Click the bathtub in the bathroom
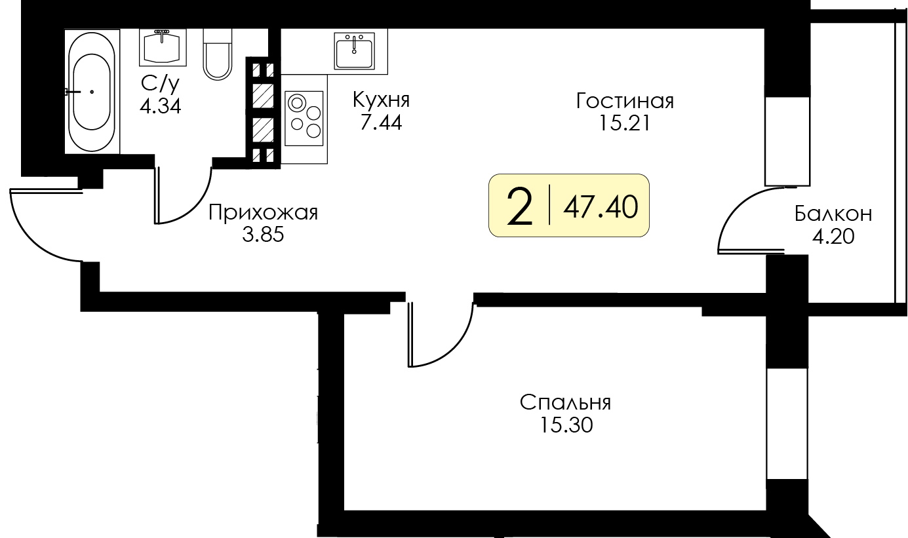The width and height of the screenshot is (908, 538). [92, 92]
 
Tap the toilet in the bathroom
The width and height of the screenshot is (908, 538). [217, 54]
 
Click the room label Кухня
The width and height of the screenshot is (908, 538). [381, 100]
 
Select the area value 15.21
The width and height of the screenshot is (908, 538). [624, 123]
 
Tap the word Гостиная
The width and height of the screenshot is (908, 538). [625, 102]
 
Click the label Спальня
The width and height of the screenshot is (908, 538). [565, 402]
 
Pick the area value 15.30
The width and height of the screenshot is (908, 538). [566, 425]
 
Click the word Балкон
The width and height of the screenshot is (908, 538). [833, 214]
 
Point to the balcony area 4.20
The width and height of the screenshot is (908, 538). [833, 236]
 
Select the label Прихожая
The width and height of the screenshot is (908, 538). [263, 213]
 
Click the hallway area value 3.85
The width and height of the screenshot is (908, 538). [263, 235]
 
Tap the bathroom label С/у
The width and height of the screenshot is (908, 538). [160, 83]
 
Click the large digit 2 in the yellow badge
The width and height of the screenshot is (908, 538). [520, 206]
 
